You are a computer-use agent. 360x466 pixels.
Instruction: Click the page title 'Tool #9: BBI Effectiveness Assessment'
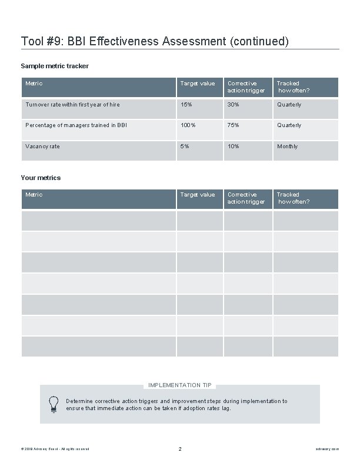tap(155, 41)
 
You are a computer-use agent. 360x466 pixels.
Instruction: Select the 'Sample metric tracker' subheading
tap(55, 66)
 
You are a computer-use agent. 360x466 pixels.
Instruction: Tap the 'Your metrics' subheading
tap(41, 177)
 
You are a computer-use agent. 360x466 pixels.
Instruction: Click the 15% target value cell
tap(186, 105)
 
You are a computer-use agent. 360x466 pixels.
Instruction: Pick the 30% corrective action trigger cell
tap(234, 105)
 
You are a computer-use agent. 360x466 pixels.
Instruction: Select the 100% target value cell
tap(188, 125)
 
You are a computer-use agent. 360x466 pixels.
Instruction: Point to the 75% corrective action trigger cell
tap(234, 125)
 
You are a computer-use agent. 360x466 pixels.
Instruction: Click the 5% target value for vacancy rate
tap(185, 147)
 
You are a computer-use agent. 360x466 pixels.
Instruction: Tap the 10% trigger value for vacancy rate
tap(234, 147)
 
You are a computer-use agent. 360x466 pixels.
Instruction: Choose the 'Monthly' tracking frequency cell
tap(288, 147)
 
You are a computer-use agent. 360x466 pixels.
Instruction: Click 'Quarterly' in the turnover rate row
tap(289, 105)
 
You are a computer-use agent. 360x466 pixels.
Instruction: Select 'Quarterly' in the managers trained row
tap(289, 125)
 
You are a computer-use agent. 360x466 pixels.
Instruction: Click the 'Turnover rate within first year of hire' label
tap(72, 105)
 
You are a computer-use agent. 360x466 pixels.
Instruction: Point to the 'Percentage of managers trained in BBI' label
tap(76, 125)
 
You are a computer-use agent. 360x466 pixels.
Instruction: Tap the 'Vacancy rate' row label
tap(42, 147)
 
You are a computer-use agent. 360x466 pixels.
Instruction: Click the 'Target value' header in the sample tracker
tap(198, 84)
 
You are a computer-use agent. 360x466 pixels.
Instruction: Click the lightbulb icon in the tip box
tap(54, 404)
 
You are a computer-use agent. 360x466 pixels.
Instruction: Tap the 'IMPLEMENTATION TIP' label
tap(180, 385)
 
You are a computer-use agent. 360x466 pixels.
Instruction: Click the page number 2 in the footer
tap(180, 449)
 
